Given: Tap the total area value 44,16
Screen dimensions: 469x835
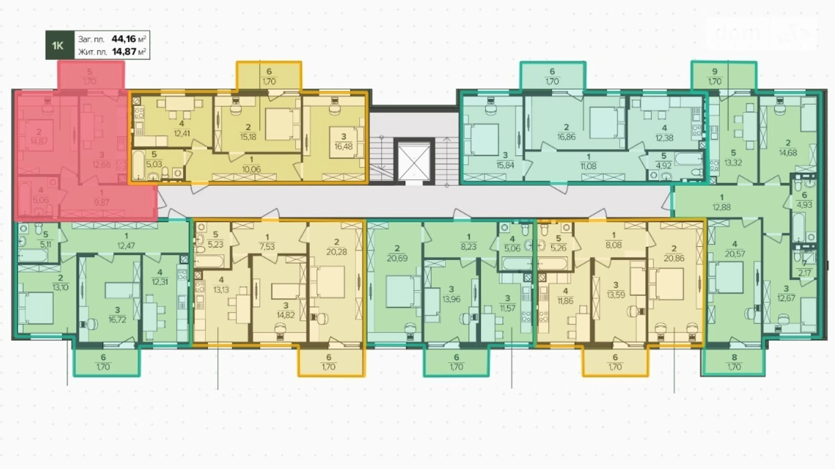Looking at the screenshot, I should click(124, 39).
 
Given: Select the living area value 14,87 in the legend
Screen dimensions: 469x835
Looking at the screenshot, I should click(124, 51).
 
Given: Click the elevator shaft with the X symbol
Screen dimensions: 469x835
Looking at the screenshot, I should click(413, 161).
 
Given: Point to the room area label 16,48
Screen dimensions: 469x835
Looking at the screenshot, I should click(343, 147).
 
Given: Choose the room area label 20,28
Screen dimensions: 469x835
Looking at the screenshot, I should click(336, 252).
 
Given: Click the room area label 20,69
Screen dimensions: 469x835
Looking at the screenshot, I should click(397, 258).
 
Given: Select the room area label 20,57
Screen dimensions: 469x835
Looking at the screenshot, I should click(735, 254).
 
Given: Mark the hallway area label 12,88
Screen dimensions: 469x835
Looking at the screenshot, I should click(721, 207).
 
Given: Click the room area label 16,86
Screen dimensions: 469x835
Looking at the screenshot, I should click(566, 137).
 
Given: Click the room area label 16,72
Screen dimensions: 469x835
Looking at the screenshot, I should click(117, 320).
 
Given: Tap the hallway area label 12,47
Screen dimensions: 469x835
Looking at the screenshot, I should click(126, 246).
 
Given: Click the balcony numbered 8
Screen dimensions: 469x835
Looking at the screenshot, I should click(734, 362).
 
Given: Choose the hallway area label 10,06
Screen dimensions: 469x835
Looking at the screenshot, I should click(251, 170).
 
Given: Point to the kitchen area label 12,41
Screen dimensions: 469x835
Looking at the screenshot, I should click(181, 133).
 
